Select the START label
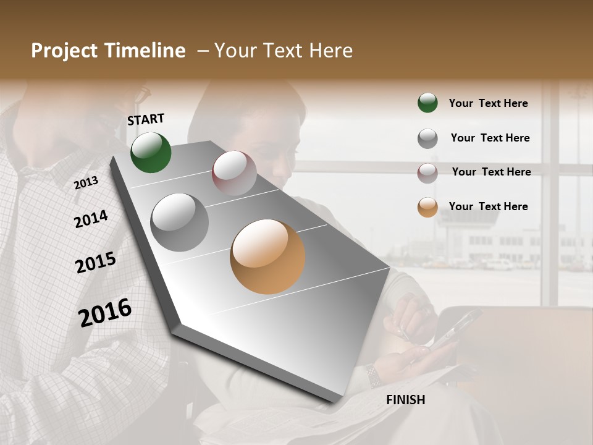pyautogui.click(x=146, y=119)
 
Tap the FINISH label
pyautogui.click(x=406, y=400)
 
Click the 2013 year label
pyautogui.click(x=86, y=183)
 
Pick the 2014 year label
pyautogui.click(x=91, y=219)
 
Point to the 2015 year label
pyautogui.click(x=96, y=263)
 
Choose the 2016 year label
pyautogui.click(x=105, y=313)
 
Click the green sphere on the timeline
pyautogui.click(x=151, y=152)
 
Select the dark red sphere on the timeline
pyautogui.click(x=234, y=172)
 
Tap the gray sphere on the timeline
pyautogui.click(x=180, y=222)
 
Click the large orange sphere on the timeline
pyautogui.click(x=267, y=256)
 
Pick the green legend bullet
pyautogui.click(x=427, y=103)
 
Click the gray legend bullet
pyautogui.click(x=427, y=138)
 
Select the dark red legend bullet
pyautogui.click(x=427, y=172)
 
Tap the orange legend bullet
pyautogui.click(x=427, y=207)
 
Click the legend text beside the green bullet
pyautogui.click(x=488, y=103)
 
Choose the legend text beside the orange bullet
pyautogui.click(x=488, y=206)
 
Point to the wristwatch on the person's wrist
pyautogui.click(x=372, y=375)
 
